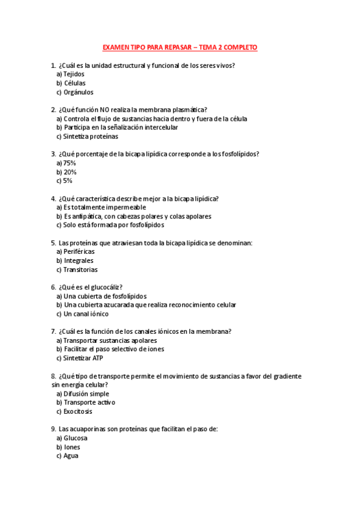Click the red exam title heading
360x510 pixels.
click(x=180, y=47)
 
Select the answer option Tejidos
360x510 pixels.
click(x=73, y=74)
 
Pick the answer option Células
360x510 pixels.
click(x=74, y=83)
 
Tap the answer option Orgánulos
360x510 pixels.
click(x=78, y=92)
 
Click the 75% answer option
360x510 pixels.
click(x=69, y=163)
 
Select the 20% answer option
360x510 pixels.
click(x=69, y=172)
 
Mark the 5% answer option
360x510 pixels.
click(x=67, y=180)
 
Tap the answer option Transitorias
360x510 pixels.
click(x=80, y=269)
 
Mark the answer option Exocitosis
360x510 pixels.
click(x=78, y=411)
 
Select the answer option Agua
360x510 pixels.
click(x=71, y=456)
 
